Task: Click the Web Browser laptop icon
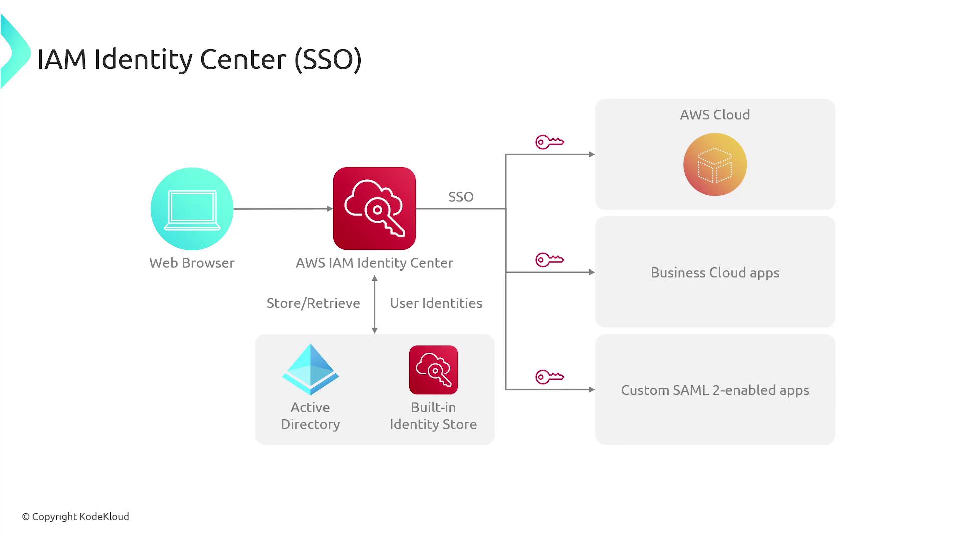[192, 209]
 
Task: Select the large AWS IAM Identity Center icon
[374, 208]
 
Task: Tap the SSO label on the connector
[461, 197]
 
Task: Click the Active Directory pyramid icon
[310, 370]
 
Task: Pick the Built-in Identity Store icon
[433, 370]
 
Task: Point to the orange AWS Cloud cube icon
[715, 164]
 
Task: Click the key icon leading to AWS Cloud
[550, 142]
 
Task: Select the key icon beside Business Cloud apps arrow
[550, 260]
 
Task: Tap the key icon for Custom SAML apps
[550, 377]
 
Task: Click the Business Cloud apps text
[715, 273]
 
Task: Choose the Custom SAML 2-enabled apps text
[715, 390]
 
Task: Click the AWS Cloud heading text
[715, 115]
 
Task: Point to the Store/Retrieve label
[313, 303]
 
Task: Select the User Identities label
[436, 303]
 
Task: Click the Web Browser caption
[192, 263]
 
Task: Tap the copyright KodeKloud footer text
[76, 516]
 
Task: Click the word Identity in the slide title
[143, 59]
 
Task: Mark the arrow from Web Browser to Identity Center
[283, 209]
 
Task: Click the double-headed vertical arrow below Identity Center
[375, 305]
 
